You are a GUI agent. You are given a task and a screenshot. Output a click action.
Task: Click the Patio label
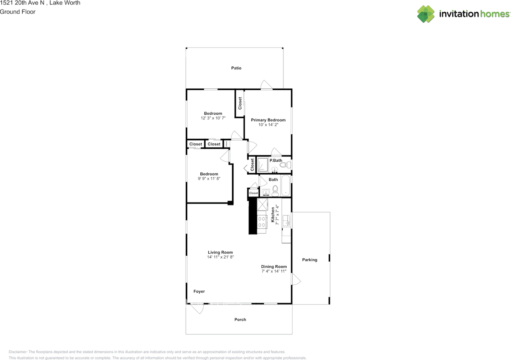pos(236,68)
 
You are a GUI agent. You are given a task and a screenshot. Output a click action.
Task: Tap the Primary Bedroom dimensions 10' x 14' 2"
pos(268,125)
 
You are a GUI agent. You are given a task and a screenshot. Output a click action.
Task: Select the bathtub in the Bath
pos(285,186)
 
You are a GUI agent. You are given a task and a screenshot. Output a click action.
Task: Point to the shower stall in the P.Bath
pos(262,165)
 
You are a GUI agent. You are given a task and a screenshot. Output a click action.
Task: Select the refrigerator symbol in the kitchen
pos(262,205)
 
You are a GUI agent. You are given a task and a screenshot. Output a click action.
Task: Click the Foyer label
pos(199,291)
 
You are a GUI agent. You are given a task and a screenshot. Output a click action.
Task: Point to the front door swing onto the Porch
pos(197,308)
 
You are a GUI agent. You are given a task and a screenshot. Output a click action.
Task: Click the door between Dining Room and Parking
pos(295,279)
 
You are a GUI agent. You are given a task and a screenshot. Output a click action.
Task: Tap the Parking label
pos(309,260)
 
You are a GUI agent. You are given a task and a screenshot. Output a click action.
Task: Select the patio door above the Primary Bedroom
pos(266,85)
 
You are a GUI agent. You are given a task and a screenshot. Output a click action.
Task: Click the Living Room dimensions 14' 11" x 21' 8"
pos(220,257)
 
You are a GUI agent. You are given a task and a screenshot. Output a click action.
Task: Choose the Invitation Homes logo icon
pos(426,14)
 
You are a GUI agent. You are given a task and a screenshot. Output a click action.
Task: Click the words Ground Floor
pos(18,12)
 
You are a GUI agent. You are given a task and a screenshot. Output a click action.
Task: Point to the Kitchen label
pos(273,214)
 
